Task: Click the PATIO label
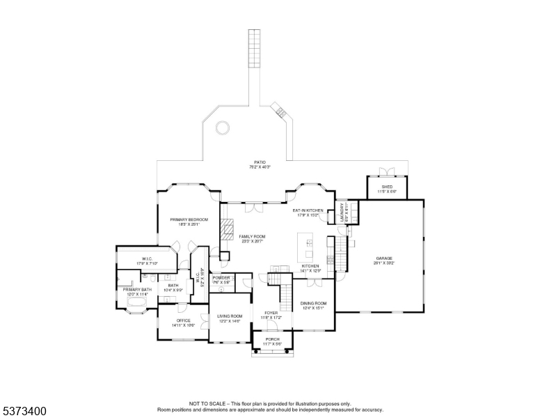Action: tap(260, 162)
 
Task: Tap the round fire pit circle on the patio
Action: tap(222, 127)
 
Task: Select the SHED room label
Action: tap(386, 187)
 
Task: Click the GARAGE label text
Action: tap(384, 258)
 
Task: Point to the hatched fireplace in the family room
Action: tap(225, 230)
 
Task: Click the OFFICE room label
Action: tap(183, 320)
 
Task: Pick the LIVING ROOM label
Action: tap(230, 316)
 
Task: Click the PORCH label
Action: tap(272, 339)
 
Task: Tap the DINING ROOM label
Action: tap(313, 303)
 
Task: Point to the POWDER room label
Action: tap(221, 278)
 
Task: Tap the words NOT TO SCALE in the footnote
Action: tap(208, 403)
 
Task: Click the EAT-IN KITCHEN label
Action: tap(308, 210)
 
